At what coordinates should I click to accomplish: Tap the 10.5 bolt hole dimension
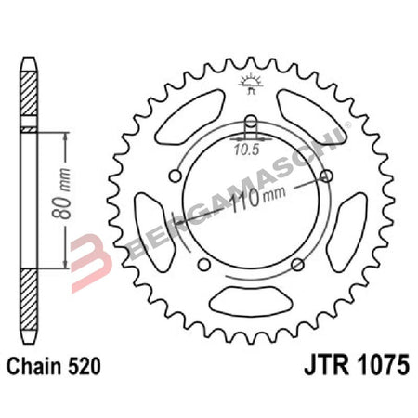(245, 146)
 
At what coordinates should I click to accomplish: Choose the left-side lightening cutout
(149, 227)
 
